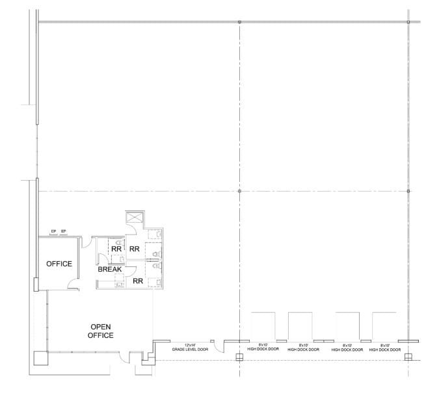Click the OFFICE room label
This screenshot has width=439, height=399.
pyautogui.click(x=59, y=264)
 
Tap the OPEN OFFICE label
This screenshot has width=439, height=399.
pyautogui.click(x=101, y=331)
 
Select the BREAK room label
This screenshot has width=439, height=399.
pyautogui.click(x=110, y=269)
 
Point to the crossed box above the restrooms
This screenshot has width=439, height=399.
pyautogui.click(x=135, y=218)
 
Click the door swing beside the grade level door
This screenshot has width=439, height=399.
pyautogui.click(x=220, y=347)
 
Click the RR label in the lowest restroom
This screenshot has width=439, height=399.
pyautogui.click(x=137, y=281)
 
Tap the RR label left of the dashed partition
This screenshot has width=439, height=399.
pyautogui.click(x=116, y=248)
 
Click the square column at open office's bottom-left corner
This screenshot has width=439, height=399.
pyautogui.click(x=39, y=357)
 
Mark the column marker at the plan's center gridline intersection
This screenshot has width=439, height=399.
pyautogui.click(x=239, y=191)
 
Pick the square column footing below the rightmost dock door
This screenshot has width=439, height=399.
pyautogui.click(x=408, y=356)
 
